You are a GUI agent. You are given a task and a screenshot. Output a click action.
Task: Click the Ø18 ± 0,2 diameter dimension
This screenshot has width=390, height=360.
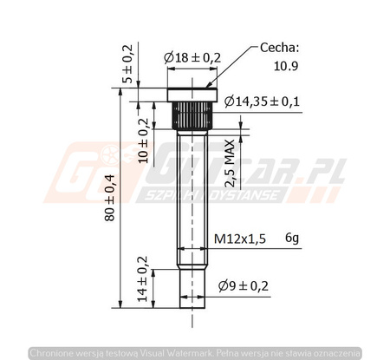tap(192, 57)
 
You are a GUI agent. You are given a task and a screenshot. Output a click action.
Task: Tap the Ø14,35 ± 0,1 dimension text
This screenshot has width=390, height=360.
tap(261, 101)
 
